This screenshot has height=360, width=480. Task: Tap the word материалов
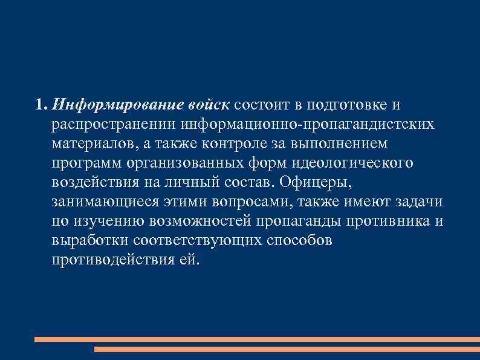(x=95, y=145)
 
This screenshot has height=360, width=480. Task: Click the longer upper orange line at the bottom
(x=257, y=339)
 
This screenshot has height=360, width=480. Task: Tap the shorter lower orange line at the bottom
(x=287, y=349)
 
